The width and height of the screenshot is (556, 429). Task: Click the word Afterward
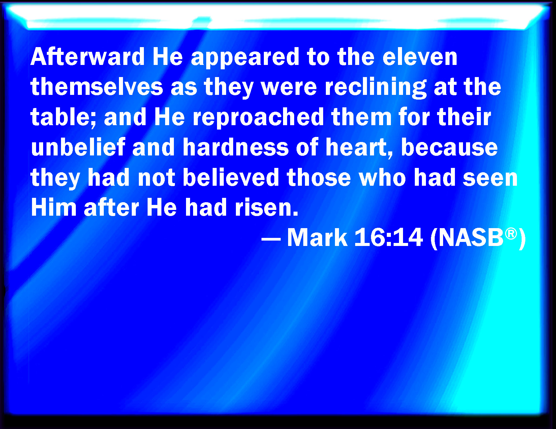point(88,57)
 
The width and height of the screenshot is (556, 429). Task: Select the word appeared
point(245,58)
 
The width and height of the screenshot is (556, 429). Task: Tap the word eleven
point(420,57)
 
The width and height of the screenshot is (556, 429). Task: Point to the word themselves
point(97,86)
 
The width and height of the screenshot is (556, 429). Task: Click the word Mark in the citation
point(317,237)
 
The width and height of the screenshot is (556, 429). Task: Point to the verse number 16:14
point(389,237)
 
